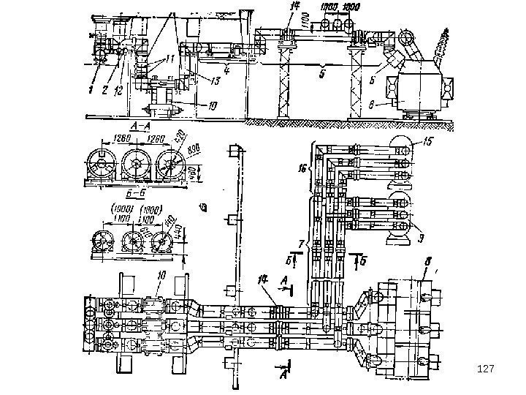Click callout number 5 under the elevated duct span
tap(321, 74)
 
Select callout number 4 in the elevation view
tap(227, 71)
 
